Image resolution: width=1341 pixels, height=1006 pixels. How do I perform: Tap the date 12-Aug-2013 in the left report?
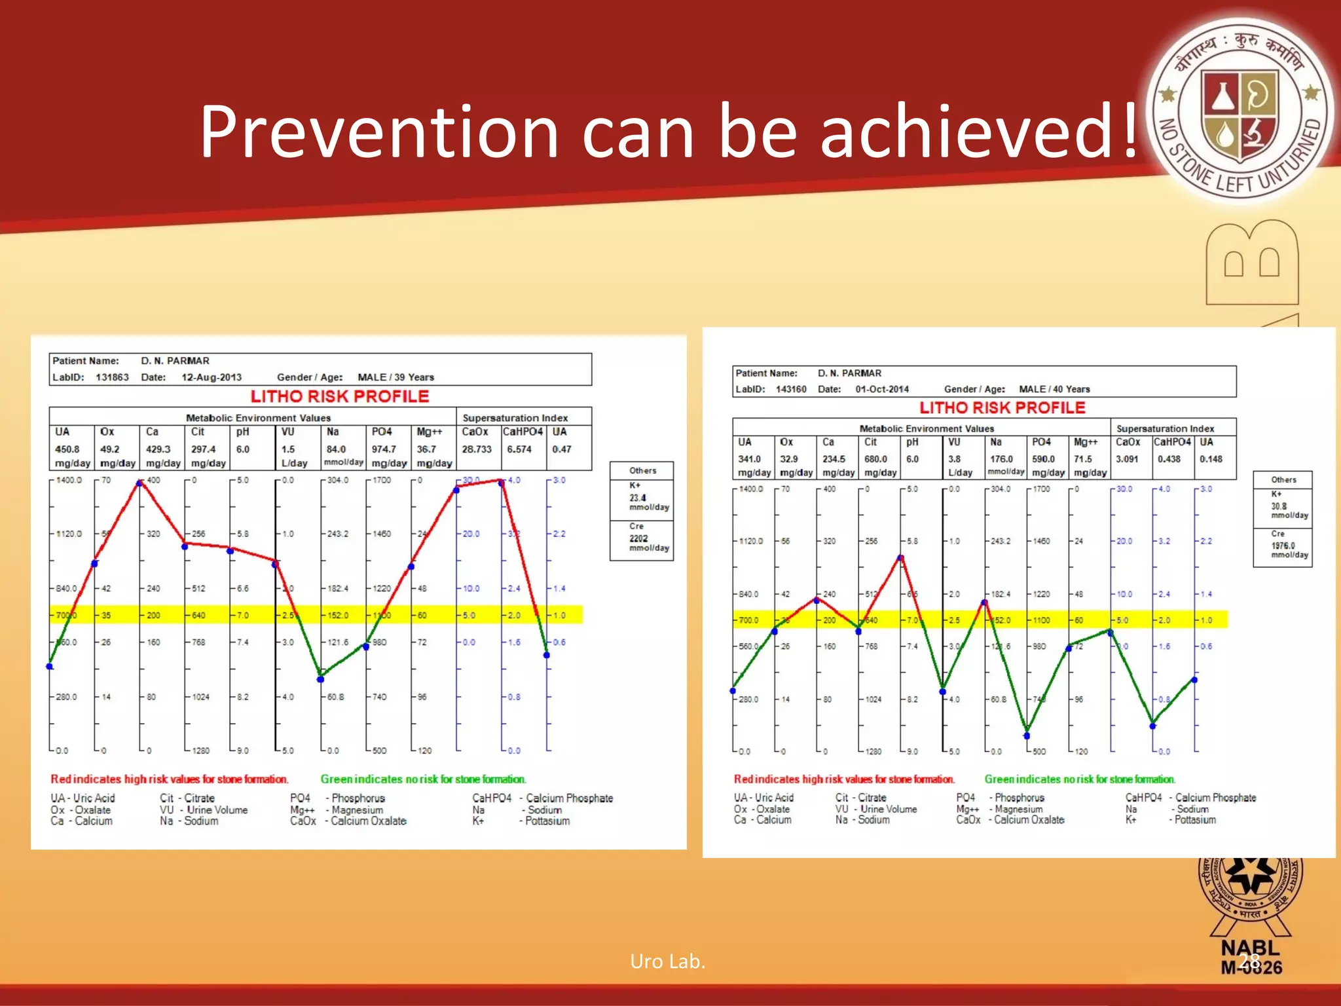[x=211, y=377]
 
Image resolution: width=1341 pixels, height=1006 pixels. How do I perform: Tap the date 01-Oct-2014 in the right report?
[x=881, y=389]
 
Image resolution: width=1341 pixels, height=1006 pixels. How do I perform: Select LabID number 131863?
[x=112, y=377]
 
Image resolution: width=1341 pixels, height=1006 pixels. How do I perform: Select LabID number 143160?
[x=790, y=389]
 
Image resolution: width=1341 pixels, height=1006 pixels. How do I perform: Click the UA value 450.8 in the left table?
[x=67, y=449]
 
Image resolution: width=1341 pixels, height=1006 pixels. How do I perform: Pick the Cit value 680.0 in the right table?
[x=875, y=459]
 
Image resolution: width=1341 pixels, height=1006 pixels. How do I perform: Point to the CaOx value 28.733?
[x=476, y=449]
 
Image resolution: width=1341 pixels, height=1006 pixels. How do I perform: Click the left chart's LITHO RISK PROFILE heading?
[x=340, y=396]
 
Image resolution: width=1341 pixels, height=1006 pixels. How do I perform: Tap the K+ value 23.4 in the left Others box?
[x=637, y=498]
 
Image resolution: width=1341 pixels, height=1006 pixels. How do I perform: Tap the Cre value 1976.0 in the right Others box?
[x=1283, y=546]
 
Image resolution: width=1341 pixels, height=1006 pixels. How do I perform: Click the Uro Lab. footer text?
[x=667, y=961]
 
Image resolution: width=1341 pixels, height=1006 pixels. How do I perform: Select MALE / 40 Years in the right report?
[x=1054, y=389]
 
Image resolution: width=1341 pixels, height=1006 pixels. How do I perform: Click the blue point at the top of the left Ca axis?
[x=139, y=483]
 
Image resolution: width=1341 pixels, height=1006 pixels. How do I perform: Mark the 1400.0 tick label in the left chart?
[x=69, y=480]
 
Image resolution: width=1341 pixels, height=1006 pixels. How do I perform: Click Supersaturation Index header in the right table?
[x=1165, y=428]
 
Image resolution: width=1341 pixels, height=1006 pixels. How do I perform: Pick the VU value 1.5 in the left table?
[x=287, y=449]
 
